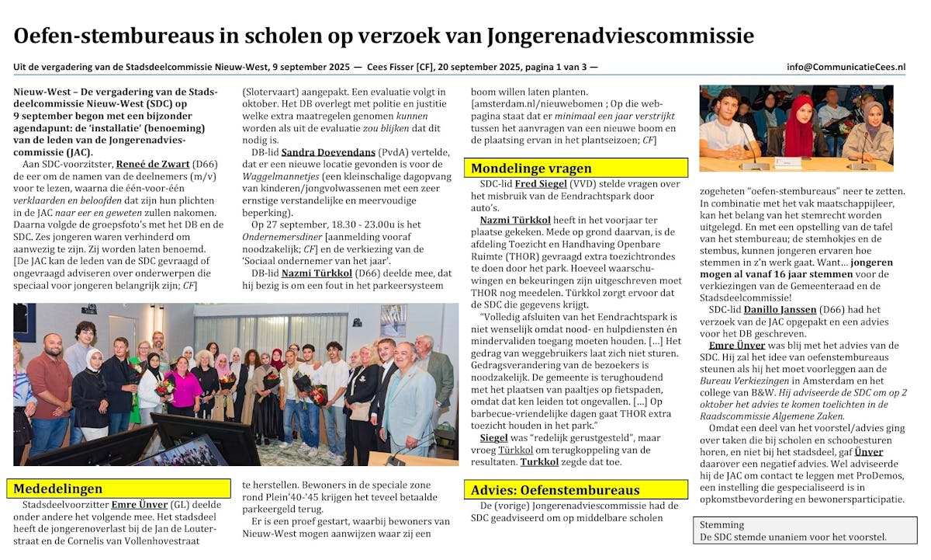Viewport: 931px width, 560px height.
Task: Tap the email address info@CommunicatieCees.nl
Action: point(846,67)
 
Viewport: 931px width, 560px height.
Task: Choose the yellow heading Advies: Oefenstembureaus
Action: point(556,490)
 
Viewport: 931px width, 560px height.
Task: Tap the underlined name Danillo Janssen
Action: point(780,309)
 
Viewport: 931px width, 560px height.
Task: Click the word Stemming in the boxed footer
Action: point(722,524)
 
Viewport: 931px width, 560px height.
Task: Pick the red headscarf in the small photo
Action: point(798,124)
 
